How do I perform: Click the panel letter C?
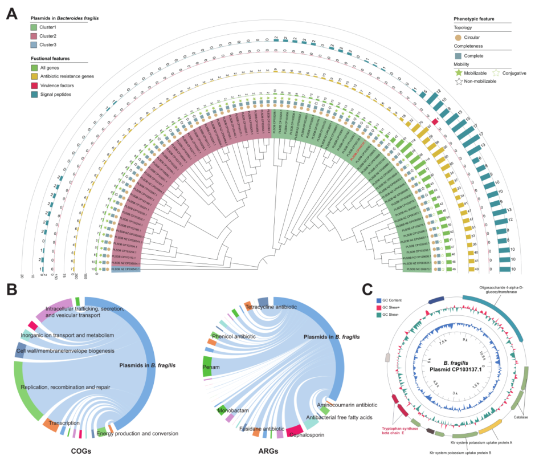(x=369, y=289)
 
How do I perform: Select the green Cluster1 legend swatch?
(x=34, y=27)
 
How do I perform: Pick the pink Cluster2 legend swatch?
(x=34, y=35)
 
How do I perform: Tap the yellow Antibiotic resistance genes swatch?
(x=34, y=76)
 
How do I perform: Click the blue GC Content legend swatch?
(x=378, y=300)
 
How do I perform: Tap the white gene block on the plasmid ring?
(x=388, y=357)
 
